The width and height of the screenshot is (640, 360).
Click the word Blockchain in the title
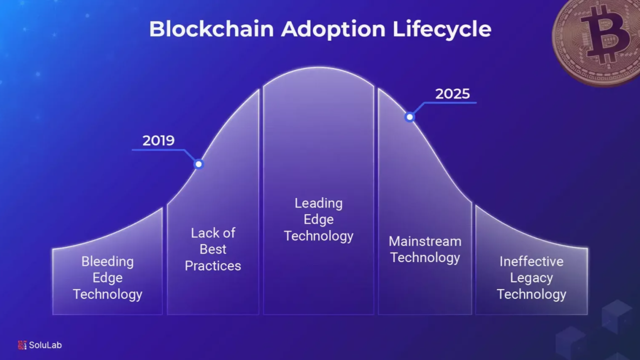point(211,29)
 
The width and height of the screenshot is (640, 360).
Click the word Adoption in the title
point(333,29)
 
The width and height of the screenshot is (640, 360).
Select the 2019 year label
point(158,140)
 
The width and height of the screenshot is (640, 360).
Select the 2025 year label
point(452,93)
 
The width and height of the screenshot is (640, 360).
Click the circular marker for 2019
point(199,163)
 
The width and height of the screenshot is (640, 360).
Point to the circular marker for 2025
point(409,117)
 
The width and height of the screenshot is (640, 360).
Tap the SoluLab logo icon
point(22,345)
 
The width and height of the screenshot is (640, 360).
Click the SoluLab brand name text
point(45,345)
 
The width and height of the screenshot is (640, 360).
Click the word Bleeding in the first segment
point(108,261)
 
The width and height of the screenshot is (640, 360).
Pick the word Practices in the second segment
point(213,265)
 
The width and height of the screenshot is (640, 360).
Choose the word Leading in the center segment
point(318,203)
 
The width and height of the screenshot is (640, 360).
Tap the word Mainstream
point(425,241)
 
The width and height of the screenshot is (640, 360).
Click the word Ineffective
point(531,261)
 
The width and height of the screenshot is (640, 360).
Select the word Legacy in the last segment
point(531,277)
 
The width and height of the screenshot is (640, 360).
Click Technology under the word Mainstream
point(425,257)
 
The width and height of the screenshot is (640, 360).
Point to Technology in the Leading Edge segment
point(318,235)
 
